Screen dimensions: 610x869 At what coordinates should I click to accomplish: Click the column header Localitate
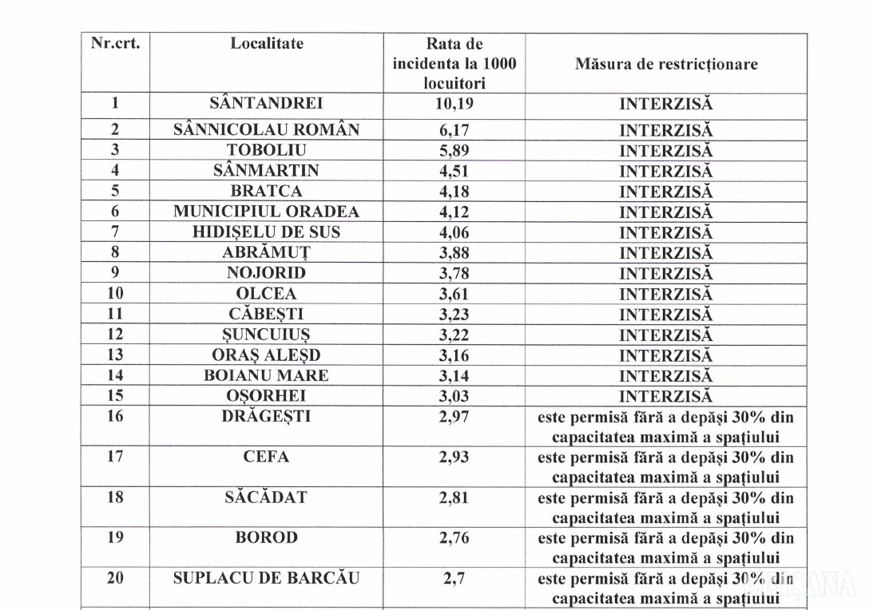point(267,44)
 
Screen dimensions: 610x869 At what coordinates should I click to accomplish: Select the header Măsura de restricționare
point(666,64)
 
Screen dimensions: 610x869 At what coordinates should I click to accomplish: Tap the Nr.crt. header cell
point(115,44)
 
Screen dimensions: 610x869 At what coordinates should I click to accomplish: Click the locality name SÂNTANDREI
point(266,103)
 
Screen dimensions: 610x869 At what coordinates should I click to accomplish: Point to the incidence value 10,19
point(454,103)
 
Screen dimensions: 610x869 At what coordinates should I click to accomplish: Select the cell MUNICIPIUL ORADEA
point(266,212)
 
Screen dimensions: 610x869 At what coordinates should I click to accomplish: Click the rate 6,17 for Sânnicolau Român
point(454,129)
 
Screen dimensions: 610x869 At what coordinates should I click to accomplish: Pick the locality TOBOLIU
point(266,150)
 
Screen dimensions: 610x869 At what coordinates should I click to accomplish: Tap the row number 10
point(115,294)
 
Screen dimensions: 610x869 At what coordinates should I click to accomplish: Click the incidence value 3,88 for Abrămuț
point(454,253)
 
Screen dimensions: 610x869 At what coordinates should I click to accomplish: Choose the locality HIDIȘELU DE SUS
point(266,232)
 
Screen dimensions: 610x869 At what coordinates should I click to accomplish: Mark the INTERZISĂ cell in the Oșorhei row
point(666,396)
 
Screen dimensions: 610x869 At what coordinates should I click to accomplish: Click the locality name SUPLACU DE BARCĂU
point(266,578)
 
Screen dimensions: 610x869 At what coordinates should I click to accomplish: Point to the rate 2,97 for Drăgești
point(454,417)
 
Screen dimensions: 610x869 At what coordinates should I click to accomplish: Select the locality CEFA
point(266,457)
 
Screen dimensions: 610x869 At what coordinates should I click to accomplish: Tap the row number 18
point(115,497)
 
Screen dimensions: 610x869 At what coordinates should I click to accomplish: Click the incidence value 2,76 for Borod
point(454,537)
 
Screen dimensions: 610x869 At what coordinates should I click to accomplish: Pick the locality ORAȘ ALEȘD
point(266,355)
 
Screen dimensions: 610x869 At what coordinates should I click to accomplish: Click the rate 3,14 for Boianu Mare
point(454,375)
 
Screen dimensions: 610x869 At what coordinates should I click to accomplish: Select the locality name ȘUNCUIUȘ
point(266,335)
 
